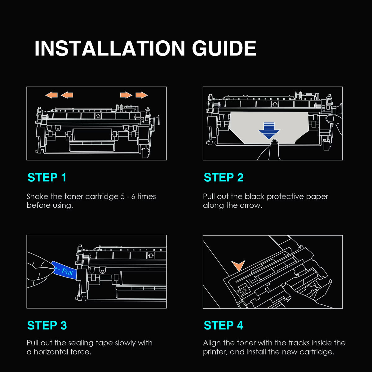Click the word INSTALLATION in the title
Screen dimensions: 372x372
[110, 48]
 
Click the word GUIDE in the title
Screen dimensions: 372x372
[224, 48]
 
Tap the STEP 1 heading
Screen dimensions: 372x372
[47, 177]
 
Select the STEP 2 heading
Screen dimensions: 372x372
[224, 177]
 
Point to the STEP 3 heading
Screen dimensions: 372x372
[47, 325]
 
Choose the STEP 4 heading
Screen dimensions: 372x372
[224, 325]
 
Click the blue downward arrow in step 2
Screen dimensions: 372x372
[269, 131]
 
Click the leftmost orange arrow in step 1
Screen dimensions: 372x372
[51, 95]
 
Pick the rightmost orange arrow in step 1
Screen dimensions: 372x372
[142, 95]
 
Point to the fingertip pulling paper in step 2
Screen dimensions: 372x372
[275, 143]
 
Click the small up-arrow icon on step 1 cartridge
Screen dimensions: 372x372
[98, 116]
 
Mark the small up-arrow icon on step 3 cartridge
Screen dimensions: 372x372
[151, 255]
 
